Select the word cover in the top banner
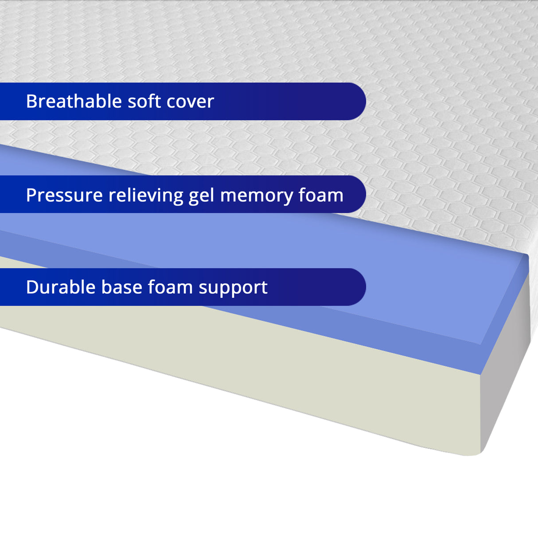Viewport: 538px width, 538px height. pyautogui.click(x=190, y=101)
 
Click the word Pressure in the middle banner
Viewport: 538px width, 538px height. pyautogui.click(x=64, y=195)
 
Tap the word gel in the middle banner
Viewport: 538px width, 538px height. pyautogui.click(x=202, y=196)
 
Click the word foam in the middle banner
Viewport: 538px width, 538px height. pyautogui.click(x=321, y=195)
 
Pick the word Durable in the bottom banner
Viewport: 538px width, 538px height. pyautogui.click(x=61, y=287)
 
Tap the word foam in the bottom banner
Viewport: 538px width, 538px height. pyautogui.click(x=170, y=287)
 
